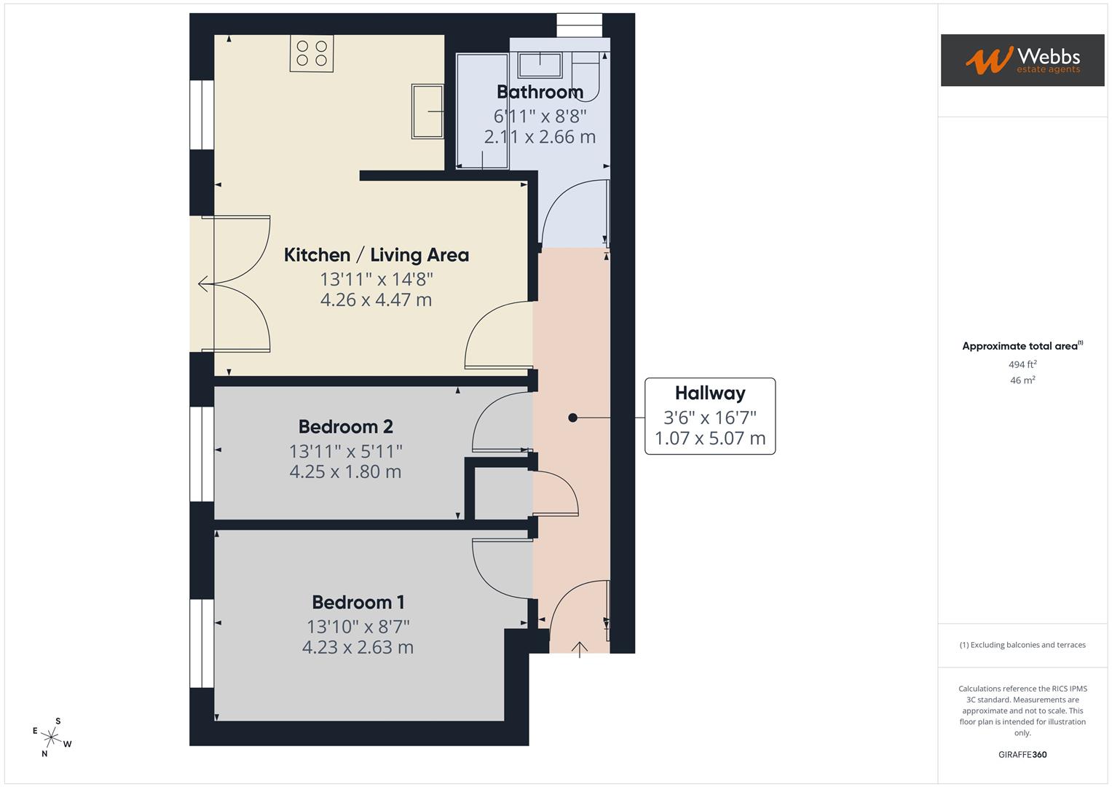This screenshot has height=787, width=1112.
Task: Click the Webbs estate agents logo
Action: click(1022, 60)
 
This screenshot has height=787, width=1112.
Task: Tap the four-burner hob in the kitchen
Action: click(312, 53)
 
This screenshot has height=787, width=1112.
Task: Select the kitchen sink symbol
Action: click(427, 111)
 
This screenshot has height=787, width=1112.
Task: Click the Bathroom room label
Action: click(540, 92)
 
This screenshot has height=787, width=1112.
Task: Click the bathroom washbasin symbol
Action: click(539, 64)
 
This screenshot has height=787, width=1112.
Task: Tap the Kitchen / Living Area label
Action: click(376, 255)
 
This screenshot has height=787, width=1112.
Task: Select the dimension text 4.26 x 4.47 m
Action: click(376, 299)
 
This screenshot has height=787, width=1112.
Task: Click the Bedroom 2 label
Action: click(345, 426)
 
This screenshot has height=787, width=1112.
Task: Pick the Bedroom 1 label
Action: click(358, 602)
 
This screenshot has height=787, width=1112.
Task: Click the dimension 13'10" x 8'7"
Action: click(358, 626)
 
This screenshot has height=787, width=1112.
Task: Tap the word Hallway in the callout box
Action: click(709, 393)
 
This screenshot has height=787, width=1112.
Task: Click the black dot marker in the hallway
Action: click(572, 418)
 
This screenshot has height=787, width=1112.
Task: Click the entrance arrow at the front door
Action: click(579, 649)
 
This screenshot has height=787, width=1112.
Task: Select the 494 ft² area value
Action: click(1022, 364)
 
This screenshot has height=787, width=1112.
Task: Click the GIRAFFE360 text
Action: click(1022, 754)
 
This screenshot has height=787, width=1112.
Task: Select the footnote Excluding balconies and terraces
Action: click(1022, 645)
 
